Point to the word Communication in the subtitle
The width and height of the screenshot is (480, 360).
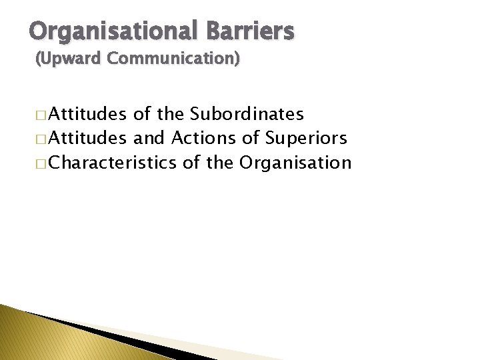click(172, 59)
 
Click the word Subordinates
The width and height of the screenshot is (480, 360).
click(247, 115)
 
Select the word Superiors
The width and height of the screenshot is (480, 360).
click(307, 139)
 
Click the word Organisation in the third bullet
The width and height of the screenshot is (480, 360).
click(295, 163)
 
